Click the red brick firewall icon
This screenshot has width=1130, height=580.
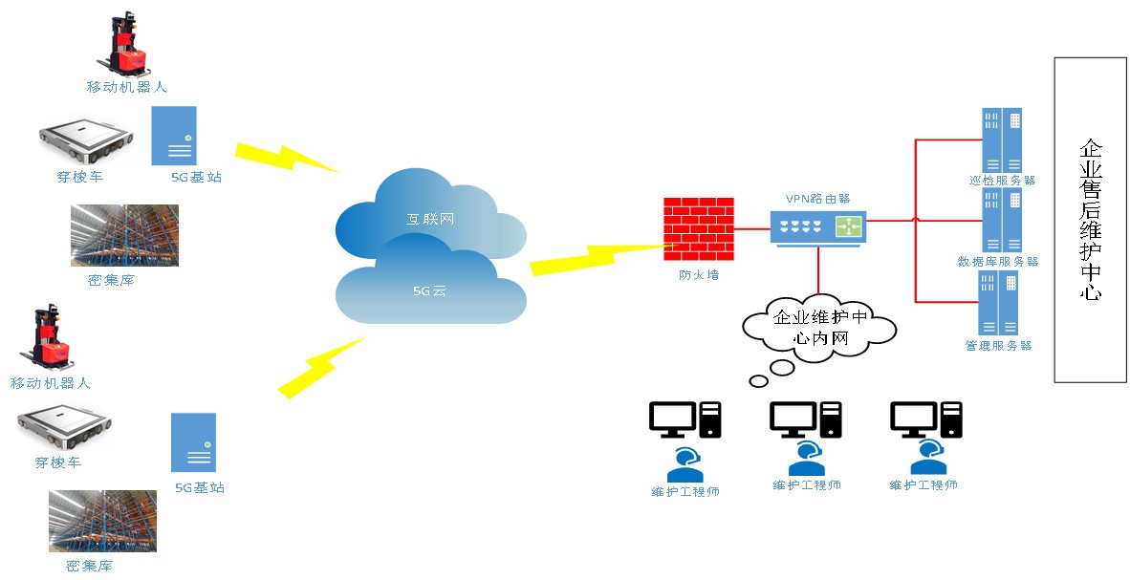pyautogui.click(x=699, y=229)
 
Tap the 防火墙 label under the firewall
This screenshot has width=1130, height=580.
pyautogui.click(x=699, y=275)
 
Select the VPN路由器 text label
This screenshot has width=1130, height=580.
pyautogui.click(x=817, y=199)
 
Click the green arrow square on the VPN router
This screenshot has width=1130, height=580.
pyautogui.click(x=848, y=226)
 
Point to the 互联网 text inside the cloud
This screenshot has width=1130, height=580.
pyautogui.click(x=430, y=220)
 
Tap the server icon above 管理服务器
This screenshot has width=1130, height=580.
pyautogui.click(x=998, y=302)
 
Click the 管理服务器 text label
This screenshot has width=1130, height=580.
pyautogui.click(x=998, y=346)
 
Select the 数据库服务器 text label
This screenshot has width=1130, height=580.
pyautogui.click(x=998, y=262)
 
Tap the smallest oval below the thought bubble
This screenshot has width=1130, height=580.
pyautogui.click(x=758, y=382)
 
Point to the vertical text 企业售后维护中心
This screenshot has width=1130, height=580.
pyautogui.click(x=1090, y=220)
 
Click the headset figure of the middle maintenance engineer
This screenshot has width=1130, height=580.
pyautogui.click(x=807, y=457)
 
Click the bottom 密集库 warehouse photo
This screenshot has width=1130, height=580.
pyautogui.click(x=102, y=521)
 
